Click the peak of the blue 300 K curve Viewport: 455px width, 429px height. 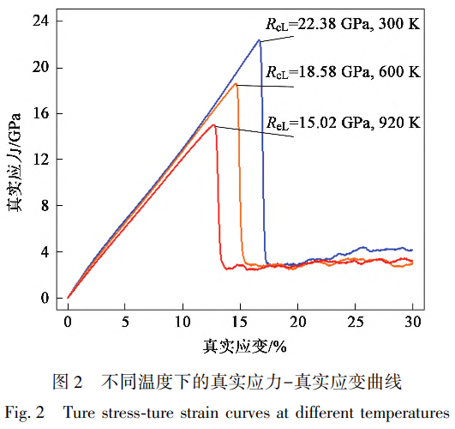point(259,39)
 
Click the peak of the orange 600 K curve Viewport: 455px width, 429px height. point(236,84)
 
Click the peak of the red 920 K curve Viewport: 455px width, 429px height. point(214,125)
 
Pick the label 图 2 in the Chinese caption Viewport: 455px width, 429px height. point(66,380)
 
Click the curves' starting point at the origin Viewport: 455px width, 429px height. point(68,298)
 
